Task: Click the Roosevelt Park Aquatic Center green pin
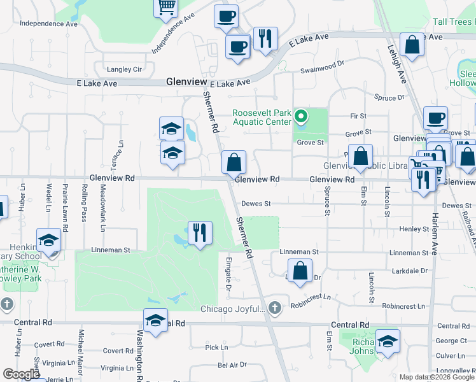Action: coord(302,117)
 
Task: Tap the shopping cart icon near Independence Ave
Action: coord(166,7)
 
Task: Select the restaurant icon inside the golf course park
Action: coord(200,232)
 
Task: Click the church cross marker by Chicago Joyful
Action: coord(274,308)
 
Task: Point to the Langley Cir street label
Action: coord(125,69)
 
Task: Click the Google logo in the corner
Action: coord(22,374)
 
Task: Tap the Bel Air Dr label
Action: coord(232,365)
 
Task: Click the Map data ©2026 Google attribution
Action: coord(437,377)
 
